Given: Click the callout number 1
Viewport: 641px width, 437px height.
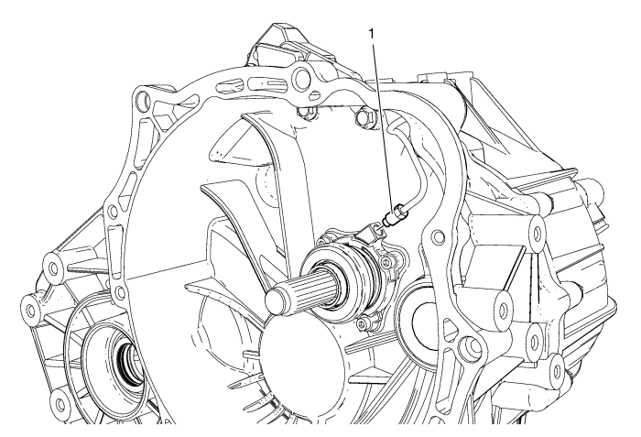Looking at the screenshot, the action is pyautogui.click(x=372, y=35).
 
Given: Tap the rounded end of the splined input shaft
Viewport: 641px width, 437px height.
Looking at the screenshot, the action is pyautogui.click(x=274, y=299).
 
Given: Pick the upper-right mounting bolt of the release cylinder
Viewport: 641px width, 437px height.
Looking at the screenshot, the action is pyautogui.click(x=388, y=261).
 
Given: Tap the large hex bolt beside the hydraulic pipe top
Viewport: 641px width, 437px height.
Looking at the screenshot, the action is pyautogui.click(x=363, y=116).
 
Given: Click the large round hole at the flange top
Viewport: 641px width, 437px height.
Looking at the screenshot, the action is pyautogui.click(x=303, y=75).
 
